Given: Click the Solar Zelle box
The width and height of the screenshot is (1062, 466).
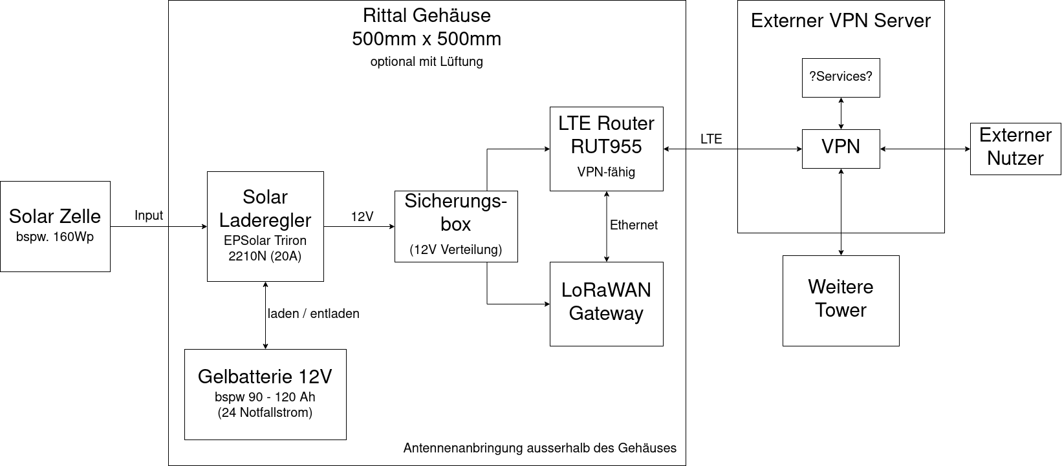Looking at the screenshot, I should [x=55, y=226].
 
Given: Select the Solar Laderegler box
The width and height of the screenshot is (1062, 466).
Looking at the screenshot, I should [x=265, y=226].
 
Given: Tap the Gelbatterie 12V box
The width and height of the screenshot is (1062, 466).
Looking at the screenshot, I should [x=265, y=394].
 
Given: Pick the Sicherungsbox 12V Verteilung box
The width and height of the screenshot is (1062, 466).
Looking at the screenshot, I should [x=456, y=226].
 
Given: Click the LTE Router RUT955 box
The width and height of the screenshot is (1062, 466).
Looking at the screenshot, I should [x=606, y=149].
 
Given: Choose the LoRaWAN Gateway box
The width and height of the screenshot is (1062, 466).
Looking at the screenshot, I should [x=606, y=304].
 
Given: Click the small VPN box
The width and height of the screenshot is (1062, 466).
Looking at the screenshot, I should [x=841, y=149].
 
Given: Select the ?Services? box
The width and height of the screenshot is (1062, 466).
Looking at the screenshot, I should [x=841, y=78].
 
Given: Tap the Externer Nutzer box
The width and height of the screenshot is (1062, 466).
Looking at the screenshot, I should [x=1015, y=149].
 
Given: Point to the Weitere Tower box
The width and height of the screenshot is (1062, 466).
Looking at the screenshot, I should [x=841, y=301].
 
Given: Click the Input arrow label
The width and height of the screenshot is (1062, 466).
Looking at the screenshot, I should [x=149, y=216].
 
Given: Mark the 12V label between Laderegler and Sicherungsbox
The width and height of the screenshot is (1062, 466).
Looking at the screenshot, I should [x=362, y=217].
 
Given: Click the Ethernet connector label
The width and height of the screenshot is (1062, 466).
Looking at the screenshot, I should [x=634, y=225].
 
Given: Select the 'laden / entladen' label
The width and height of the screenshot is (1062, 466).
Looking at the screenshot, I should [x=314, y=314].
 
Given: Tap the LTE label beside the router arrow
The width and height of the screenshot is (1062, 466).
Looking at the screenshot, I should [x=711, y=140].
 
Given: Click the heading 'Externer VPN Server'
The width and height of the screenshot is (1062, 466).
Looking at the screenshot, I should [x=841, y=21].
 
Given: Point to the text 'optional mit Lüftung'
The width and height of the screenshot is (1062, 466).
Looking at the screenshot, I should [x=427, y=62].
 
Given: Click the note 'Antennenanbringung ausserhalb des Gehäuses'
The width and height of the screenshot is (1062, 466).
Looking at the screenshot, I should [x=540, y=448].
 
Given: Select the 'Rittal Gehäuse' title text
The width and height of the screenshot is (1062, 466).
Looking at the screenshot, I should [x=427, y=15].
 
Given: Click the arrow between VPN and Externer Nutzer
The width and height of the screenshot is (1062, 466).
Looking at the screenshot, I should [x=925, y=149].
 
